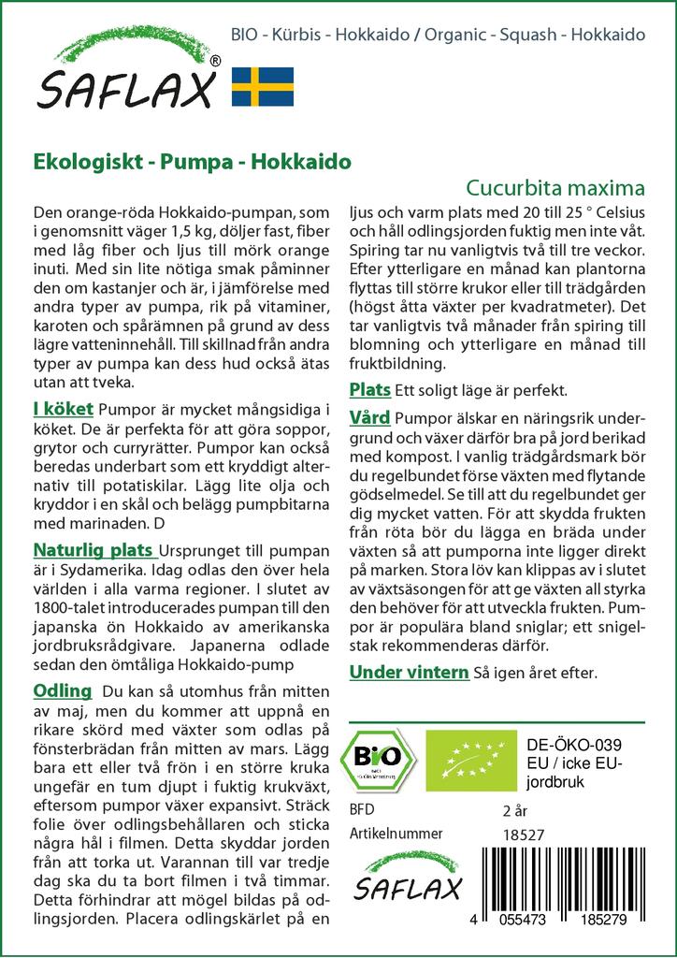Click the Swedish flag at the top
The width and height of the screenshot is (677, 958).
[263, 86]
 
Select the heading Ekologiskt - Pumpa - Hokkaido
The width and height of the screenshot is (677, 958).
[192, 160]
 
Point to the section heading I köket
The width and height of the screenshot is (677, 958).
[63, 408]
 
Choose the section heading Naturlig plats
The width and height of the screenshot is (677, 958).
[94, 548]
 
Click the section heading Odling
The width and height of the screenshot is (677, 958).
[62, 691]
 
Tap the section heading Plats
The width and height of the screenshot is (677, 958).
[369, 389]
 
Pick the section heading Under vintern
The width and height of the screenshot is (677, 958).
[409, 672]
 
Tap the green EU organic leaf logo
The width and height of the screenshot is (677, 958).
[465, 759]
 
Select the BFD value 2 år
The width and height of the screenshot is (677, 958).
[515, 810]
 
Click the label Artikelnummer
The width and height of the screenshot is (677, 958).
[396, 834]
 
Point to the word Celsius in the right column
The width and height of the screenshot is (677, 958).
[610, 212]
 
